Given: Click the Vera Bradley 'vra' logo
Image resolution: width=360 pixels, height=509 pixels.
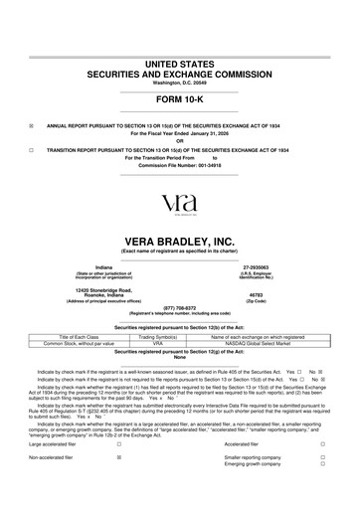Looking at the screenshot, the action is pos(180,203).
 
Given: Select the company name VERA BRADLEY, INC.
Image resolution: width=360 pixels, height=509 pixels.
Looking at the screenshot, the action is pos(180,243).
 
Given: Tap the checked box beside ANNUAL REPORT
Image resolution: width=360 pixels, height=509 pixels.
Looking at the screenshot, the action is pos(33,126).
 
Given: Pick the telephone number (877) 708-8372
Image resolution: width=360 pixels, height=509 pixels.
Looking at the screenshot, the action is pos(180,307).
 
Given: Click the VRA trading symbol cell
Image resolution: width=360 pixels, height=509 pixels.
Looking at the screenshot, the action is pos(157,342).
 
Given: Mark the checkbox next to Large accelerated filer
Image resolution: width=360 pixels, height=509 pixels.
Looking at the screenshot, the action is pos(119,444).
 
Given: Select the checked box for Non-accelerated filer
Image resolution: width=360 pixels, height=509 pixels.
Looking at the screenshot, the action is pos(119,458).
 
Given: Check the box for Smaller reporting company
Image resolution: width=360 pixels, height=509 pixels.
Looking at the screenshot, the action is pos(323,457).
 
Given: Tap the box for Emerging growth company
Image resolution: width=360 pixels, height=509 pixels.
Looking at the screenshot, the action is pos(323,464).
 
